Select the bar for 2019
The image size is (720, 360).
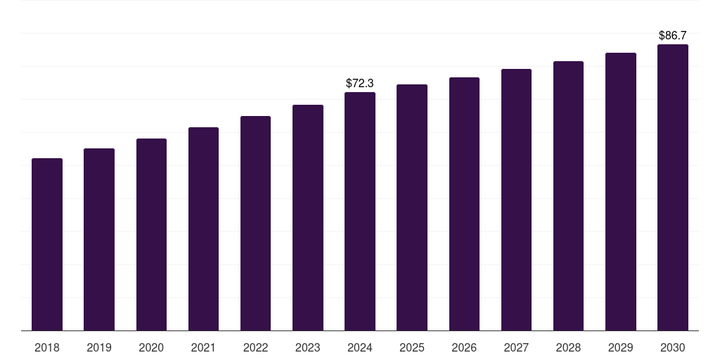[99, 240]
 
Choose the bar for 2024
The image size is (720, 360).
[360, 212]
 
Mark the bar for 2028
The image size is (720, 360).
[568, 196]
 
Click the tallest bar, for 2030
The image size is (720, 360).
[672, 188]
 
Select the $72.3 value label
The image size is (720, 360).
[360, 84]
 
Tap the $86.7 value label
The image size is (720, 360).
[672, 35]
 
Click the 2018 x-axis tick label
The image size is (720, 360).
[47, 347]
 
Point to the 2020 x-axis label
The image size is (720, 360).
[151, 347]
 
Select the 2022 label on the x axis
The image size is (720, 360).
[255, 347]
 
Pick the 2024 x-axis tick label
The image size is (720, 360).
[360, 347]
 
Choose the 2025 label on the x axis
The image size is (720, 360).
[412, 347]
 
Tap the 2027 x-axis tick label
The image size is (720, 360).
[516, 347]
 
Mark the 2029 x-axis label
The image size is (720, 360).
[620, 347]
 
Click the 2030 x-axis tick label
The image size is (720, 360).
[672, 347]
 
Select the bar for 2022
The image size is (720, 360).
[255, 224]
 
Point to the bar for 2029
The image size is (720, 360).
[620, 192]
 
